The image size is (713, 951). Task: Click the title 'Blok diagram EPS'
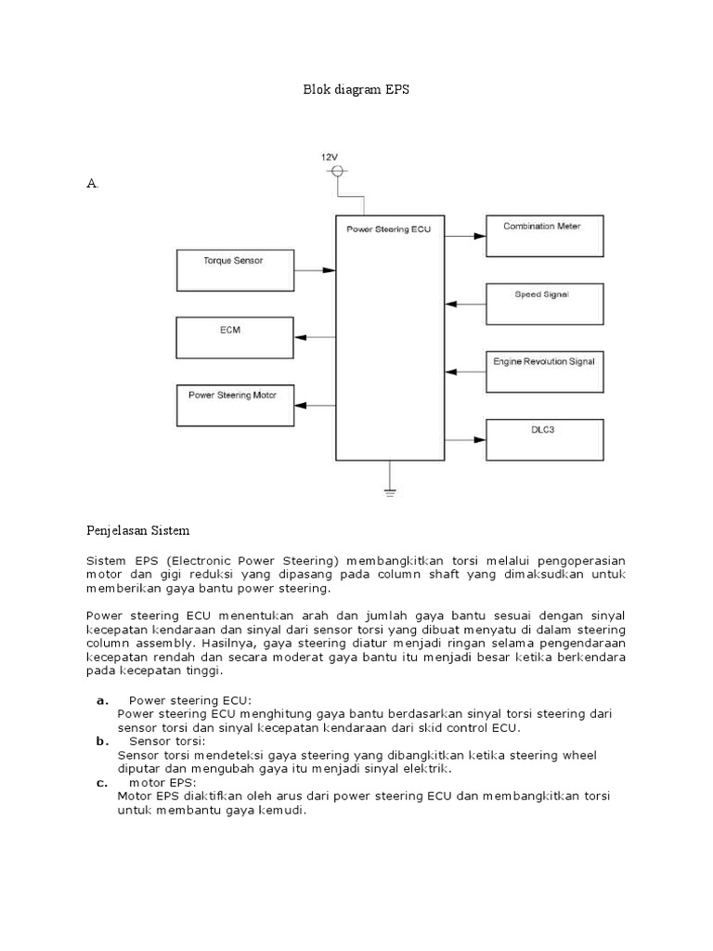pyautogui.click(x=356, y=90)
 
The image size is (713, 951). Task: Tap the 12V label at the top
pyautogui.click(x=331, y=158)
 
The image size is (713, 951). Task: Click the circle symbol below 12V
pyautogui.click(x=337, y=172)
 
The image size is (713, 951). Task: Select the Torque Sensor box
pyautogui.click(x=234, y=269)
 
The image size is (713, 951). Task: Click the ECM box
pyautogui.click(x=234, y=337)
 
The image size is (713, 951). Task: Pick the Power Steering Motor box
pyautogui.click(x=234, y=405)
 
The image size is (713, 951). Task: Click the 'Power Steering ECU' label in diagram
pyautogui.click(x=389, y=228)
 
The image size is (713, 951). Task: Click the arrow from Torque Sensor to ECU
pyautogui.click(x=315, y=270)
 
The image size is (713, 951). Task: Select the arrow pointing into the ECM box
pyautogui.click(x=315, y=338)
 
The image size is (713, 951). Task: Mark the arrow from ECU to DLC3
pyautogui.click(x=466, y=439)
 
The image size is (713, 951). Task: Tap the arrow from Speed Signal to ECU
pyautogui.click(x=466, y=304)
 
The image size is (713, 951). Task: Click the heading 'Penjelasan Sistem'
pyautogui.click(x=137, y=530)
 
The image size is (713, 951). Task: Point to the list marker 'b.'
pyautogui.click(x=101, y=741)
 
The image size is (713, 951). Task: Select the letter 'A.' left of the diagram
pyautogui.click(x=92, y=184)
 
